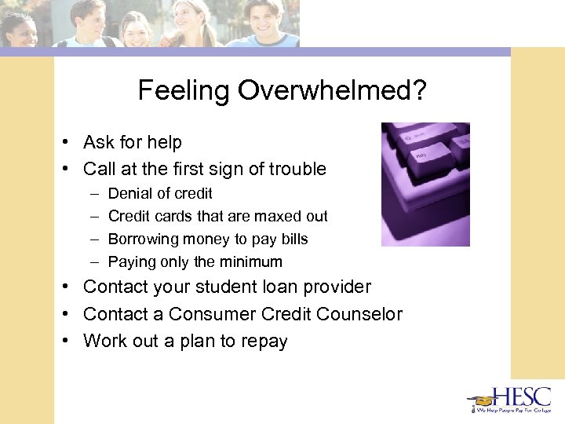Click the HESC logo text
point(521,397)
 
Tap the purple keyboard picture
point(425,184)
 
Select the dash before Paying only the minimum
point(93,261)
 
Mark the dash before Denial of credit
point(93,193)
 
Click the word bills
point(294,239)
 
